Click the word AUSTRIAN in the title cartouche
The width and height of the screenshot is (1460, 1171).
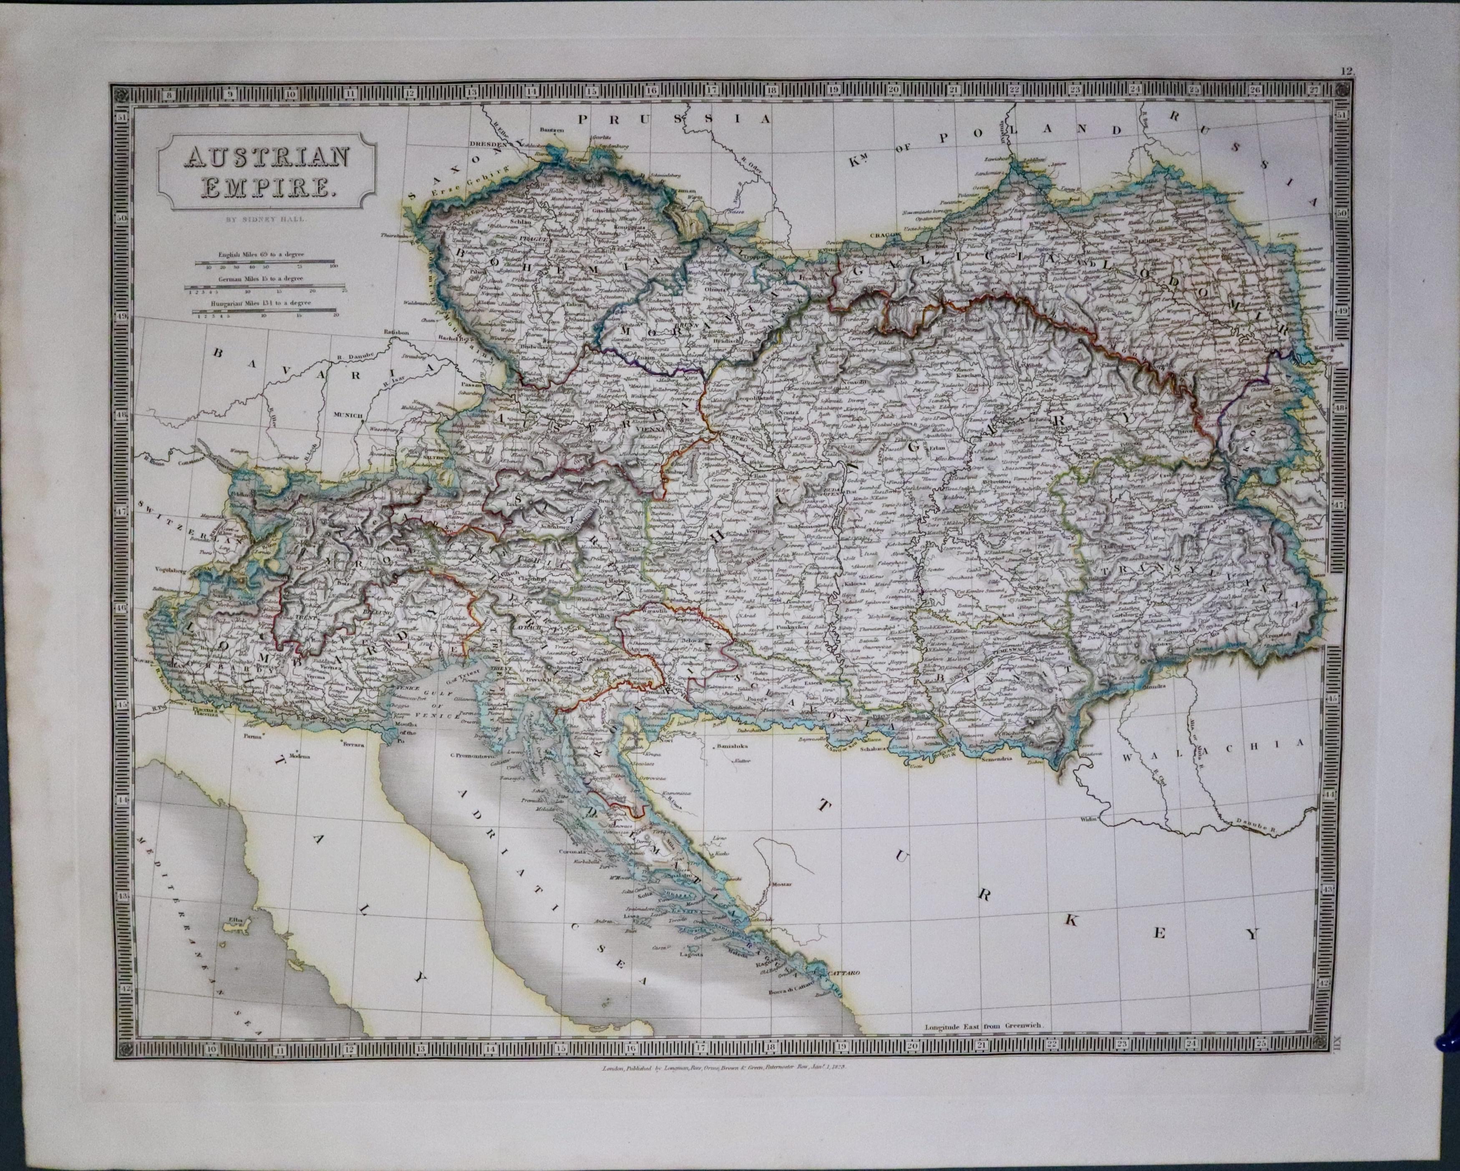267,157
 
